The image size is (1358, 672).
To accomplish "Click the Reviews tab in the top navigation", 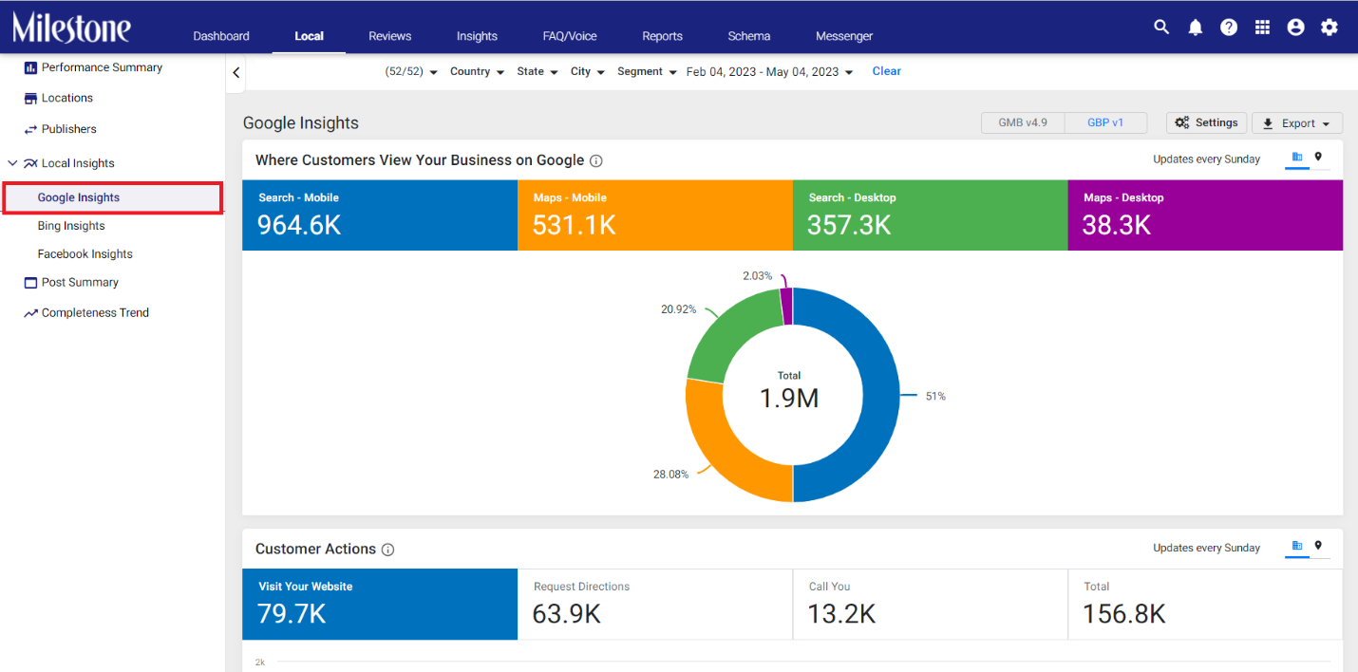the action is click(x=389, y=36).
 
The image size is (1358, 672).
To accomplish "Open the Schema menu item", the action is click(x=748, y=36).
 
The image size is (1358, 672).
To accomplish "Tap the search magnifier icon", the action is click(x=1161, y=28).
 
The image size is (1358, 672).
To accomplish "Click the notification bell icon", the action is click(x=1195, y=28).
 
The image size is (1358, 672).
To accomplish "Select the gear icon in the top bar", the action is click(x=1329, y=28).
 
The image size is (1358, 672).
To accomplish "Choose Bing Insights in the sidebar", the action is click(x=71, y=225).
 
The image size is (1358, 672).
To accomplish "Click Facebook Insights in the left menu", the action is click(x=85, y=253).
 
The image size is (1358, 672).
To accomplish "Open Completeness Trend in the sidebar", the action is click(x=95, y=312).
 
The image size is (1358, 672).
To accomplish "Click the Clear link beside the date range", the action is click(x=886, y=71).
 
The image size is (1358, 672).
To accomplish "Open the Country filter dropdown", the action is click(x=477, y=71).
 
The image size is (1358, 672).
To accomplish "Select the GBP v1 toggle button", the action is click(x=1105, y=122).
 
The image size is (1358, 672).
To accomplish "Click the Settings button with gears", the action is click(x=1206, y=122).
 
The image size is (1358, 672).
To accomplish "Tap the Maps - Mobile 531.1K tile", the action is click(x=654, y=215).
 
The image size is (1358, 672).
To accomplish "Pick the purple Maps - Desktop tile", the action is click(x=1205, y=215).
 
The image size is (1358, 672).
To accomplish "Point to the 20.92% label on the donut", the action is click(x=678, y=309).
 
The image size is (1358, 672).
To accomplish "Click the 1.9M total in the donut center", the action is click(x=789, y=398).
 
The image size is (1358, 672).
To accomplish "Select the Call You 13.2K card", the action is click(x=930, y=604).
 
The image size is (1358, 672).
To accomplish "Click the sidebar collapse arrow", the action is click(x=236, y=73).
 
